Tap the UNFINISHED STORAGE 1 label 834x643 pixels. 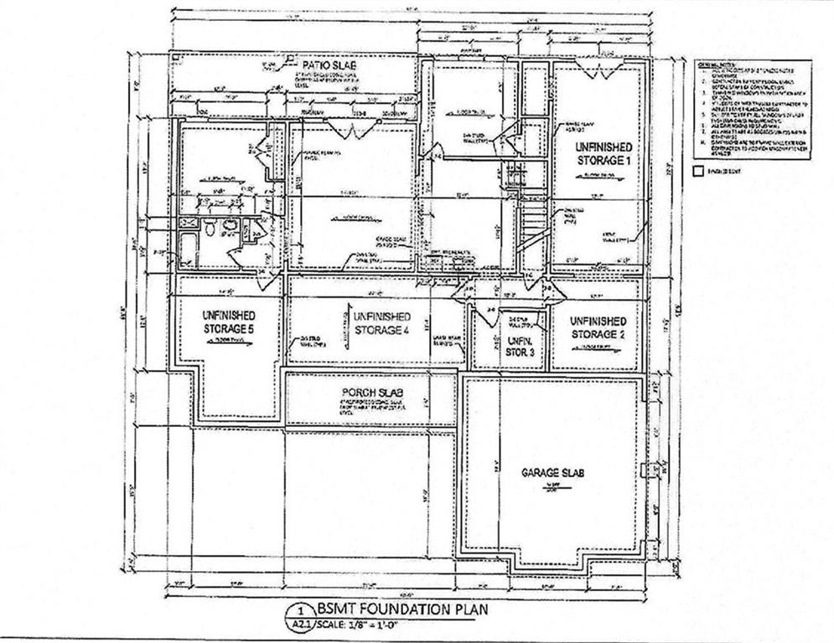click(598, 152)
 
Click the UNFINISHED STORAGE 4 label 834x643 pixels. click(381, 323)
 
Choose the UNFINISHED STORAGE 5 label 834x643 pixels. click(228, 322)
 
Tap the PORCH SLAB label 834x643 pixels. click(363, 394)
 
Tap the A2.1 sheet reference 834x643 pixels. click(300, 625)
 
